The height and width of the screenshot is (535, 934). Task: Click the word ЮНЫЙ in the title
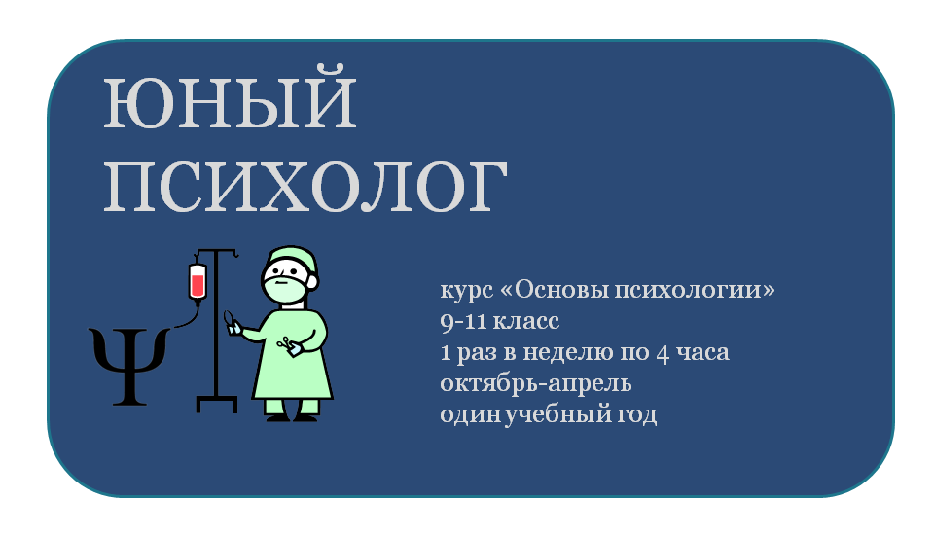coord(230,98)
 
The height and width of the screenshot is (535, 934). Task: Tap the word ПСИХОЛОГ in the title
coord(305,186)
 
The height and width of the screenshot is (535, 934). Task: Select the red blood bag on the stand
coord(198,282)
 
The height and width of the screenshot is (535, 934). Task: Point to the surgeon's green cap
coord(292,259)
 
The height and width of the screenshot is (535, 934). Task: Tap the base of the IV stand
coord(217,404)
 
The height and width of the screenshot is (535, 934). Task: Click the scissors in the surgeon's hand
coord(285,342)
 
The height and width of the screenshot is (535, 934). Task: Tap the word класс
coord(526,322)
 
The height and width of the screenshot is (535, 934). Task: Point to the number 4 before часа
coord(663,353)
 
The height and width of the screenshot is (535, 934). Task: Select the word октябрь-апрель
coord(535,383)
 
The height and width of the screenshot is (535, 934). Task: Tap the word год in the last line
coord(641,414)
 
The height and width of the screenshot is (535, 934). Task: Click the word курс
coord(467,291)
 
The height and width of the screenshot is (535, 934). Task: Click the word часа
coord(702,353)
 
